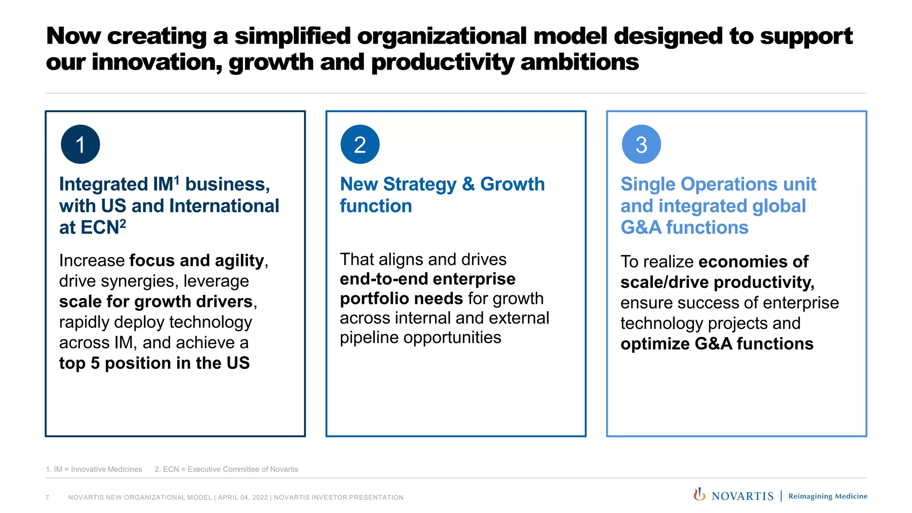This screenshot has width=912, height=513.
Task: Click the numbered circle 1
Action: coord(81,144)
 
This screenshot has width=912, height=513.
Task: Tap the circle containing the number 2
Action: coord(360,144)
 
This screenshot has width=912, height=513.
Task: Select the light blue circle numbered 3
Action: coord(641,144)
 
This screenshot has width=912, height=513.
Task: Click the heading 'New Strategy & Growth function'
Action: coord(442,195)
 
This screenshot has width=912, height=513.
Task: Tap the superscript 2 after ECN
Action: coord(123,223)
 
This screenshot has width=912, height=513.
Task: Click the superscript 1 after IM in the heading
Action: coord(177,180)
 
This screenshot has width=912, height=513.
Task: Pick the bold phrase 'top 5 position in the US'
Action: coord(154,363)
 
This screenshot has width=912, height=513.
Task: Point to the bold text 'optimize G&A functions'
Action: coord(717,344)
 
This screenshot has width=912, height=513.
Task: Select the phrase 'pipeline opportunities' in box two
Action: coord(420,338)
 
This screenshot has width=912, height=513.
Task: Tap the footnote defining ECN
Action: coord(226,469)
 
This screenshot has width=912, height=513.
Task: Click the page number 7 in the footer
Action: coord(47,497)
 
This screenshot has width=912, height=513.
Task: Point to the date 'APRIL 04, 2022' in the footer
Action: coord(243,497)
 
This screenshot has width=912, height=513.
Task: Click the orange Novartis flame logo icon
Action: coord(699,494)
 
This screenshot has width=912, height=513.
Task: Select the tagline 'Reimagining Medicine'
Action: coord(828,496)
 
